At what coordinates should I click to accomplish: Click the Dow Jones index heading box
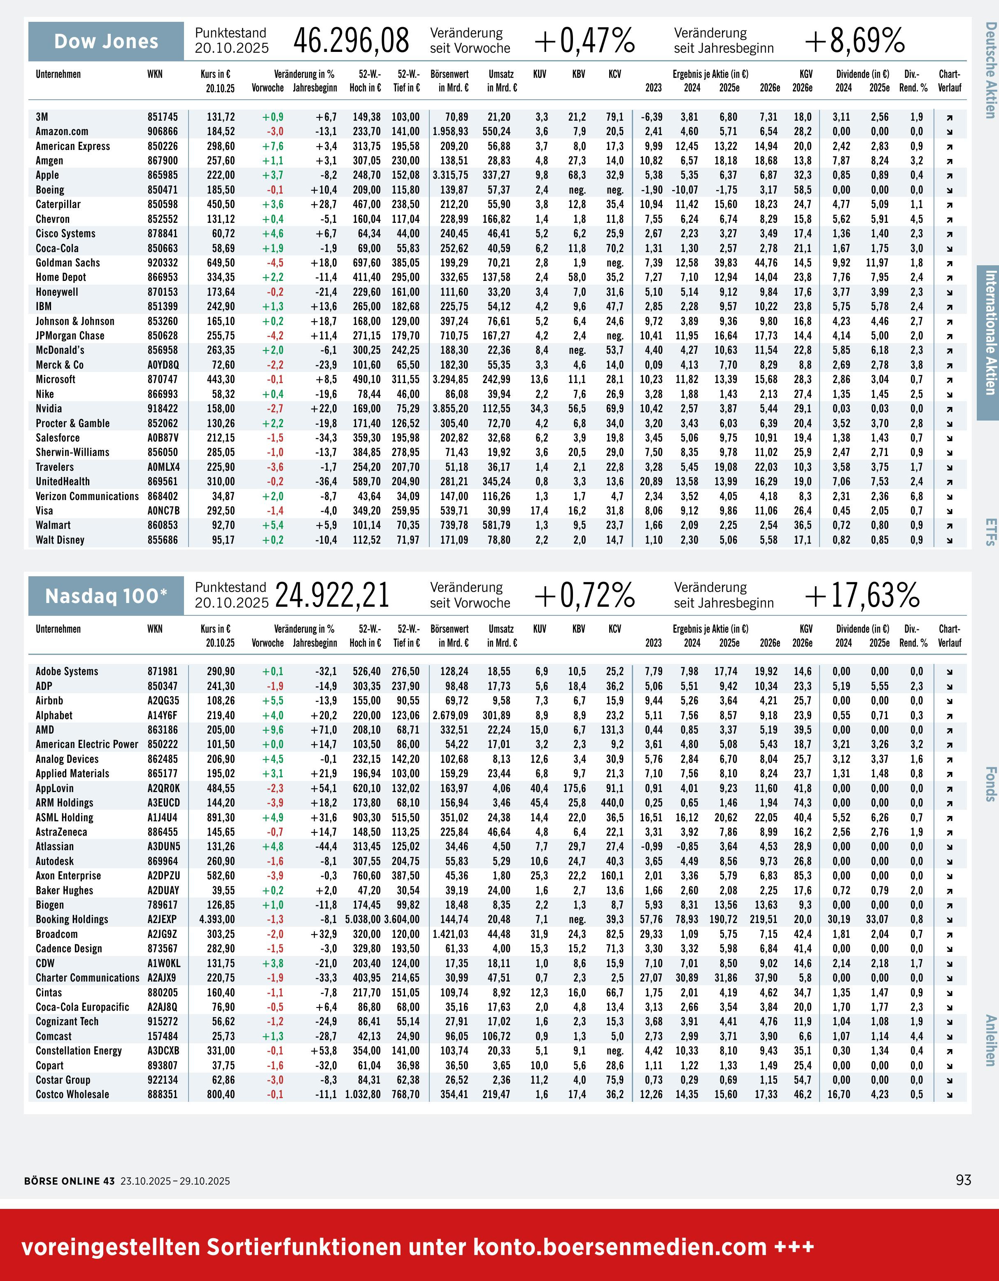coord(106,41)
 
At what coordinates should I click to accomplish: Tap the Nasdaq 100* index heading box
coord(106,596)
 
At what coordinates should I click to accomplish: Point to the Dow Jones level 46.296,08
coord(351,41)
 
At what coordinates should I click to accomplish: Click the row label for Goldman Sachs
coord(68,263)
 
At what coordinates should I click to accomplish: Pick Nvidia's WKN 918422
coord(163,409)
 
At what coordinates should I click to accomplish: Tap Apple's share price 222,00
coord(221,175)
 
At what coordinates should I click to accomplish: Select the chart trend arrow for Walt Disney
coord(949,540)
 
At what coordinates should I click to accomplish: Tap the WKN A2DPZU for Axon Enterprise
coord(163,876)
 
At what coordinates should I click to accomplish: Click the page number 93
coord(963,1180)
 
